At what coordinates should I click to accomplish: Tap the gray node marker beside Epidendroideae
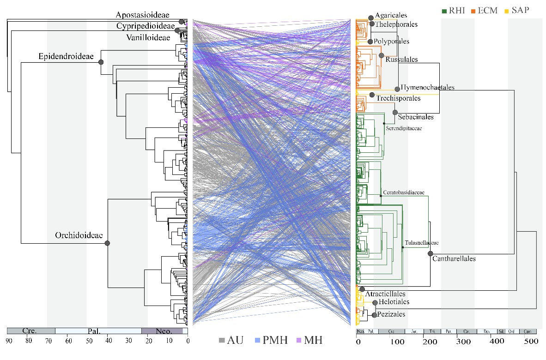point(101,61)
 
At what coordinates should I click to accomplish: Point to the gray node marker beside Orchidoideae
point(107,243)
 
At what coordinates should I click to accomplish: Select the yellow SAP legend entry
point(517,10)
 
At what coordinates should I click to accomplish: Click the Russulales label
point(401,60)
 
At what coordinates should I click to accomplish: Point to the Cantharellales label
point(454,259)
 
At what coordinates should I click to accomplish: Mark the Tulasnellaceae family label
point(422,243)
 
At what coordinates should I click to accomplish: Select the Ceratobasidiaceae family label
point(403,192)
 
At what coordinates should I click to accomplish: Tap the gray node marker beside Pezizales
point(374,315)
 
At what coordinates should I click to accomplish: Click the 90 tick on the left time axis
point(8,342)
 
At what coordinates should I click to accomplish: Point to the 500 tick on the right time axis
point(531,342)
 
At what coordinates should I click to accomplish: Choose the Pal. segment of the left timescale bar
point(97,331)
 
